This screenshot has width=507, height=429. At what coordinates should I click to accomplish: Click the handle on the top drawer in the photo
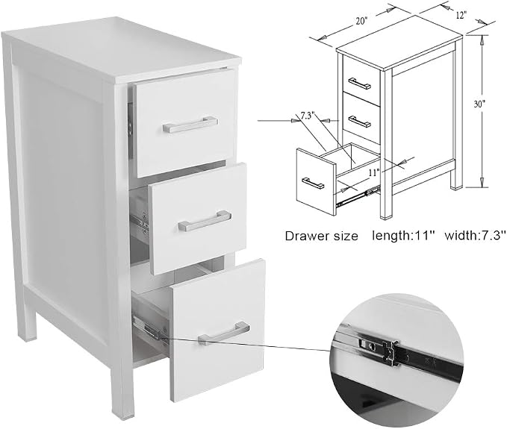tap(190, 125)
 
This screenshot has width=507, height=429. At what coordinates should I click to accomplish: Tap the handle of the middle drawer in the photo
tap(205, 221)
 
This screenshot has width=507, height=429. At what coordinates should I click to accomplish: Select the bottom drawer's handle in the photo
tap(224, 333)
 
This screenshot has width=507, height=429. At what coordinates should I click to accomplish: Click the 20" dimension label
tap(362, 22)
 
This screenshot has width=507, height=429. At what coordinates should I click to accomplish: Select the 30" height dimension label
tap(480, 104)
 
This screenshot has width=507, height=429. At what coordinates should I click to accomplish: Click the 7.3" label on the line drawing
tap(308, 116)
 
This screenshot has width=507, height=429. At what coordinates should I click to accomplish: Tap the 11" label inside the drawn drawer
tap(374, 172)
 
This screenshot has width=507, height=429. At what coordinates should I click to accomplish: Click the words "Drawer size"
tap(321, 236)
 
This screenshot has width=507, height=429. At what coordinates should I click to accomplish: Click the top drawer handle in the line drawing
tap(360, 83)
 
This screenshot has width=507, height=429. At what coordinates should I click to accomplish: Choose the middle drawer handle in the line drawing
tap(360, 122)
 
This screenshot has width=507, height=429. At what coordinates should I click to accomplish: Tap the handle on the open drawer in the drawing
tap(313, 184)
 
